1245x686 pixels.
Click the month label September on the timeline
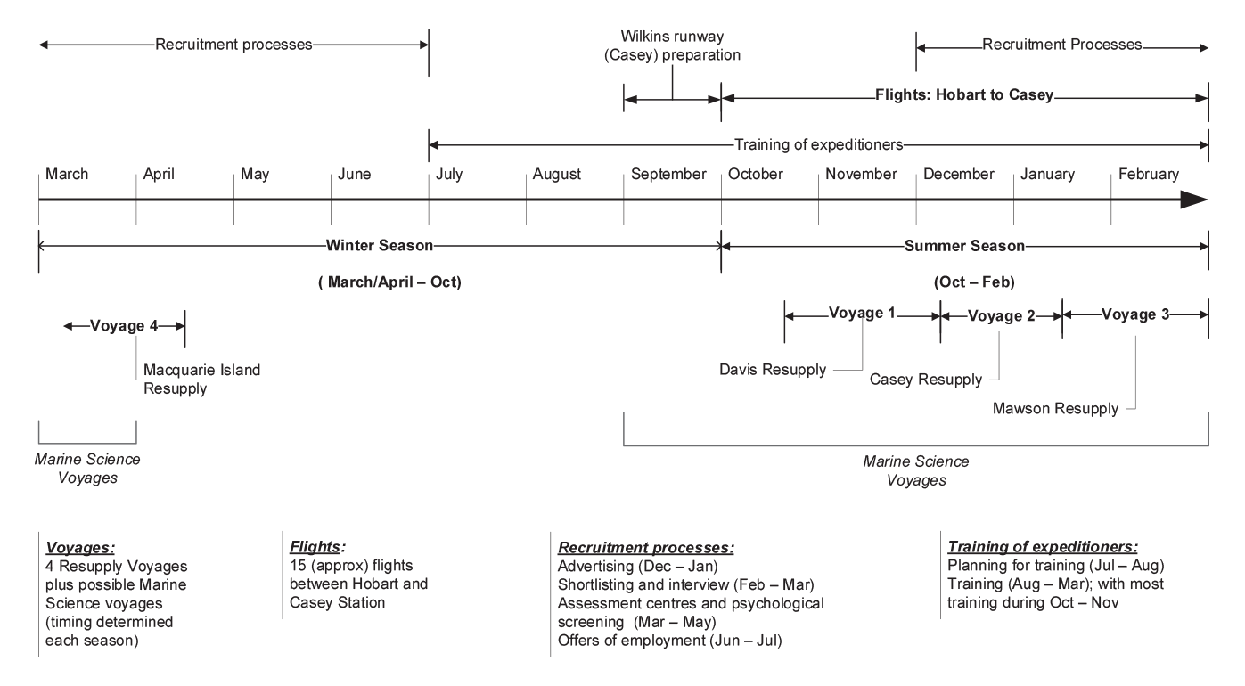click(668, 175)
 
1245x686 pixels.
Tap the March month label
click(67, 174)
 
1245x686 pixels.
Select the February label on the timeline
click(1148, 175)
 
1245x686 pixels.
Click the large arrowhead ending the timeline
click(1194, 200)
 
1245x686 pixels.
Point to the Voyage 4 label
click(124, 325)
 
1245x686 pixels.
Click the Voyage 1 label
click(862, 314)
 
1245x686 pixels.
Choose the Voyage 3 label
click(1135, 315)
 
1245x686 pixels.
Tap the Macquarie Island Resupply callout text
click(201, 379)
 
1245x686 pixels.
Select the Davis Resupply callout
click(773, 370)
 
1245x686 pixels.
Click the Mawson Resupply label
click(1055, 409)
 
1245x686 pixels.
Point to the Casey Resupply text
click(926, 380)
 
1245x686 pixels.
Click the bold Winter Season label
click(379, 246)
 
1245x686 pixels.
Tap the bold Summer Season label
click(964, 246)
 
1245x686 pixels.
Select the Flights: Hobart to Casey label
click(964, 95)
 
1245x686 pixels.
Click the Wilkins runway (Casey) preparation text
click(673, 45)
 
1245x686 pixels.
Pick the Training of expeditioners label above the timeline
click(819, 145)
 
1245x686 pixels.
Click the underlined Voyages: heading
click(80, 548)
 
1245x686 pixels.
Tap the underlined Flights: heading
click(317, 547)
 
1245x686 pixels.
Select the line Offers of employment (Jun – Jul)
click(670, 641)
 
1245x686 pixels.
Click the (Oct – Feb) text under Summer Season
click(974, 282)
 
